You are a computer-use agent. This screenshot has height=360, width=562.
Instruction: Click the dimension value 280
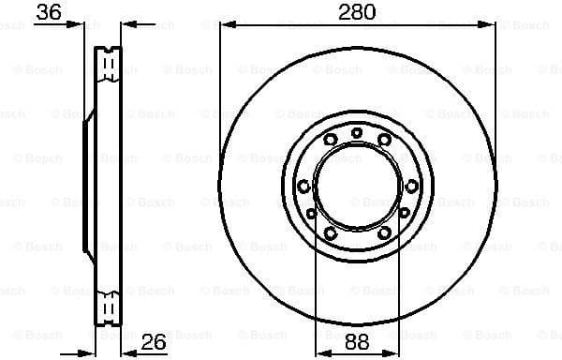pos(357,12)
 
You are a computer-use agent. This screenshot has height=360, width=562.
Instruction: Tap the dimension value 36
pos(48,12)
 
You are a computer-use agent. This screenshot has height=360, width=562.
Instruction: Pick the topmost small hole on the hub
pos(356,132)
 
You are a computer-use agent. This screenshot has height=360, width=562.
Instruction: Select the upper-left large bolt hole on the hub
pos(330,140)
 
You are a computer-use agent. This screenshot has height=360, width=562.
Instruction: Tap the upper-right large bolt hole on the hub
pos(384,140)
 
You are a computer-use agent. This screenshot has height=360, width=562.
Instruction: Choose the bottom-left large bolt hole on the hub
pos(330,232)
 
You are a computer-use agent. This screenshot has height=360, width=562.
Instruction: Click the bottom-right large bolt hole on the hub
pos(384,232)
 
